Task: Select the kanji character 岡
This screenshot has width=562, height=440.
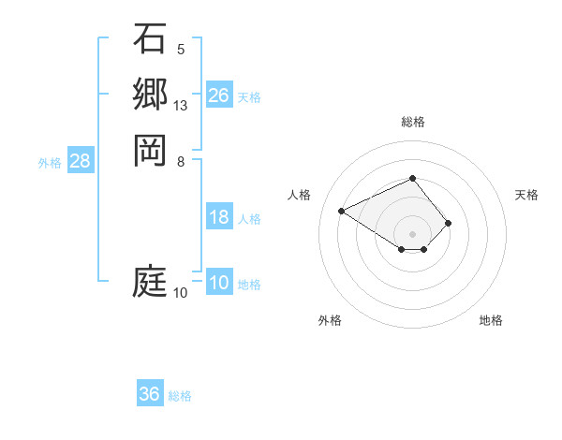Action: pos(150,149)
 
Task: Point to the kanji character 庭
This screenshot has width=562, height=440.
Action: pos(150,281)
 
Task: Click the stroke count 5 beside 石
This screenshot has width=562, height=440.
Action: pos(180,50)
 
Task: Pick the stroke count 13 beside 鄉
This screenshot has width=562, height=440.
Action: pos(181,106)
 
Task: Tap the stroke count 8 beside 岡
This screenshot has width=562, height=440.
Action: pos(180,161)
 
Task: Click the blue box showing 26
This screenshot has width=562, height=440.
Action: pos(219,95)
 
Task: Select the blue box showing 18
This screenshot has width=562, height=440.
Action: pos(219,218)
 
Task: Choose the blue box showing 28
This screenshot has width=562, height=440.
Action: pos(81,161)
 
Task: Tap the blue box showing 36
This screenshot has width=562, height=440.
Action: pos(150,394)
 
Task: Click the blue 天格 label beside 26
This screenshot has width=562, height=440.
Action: pos(249,96)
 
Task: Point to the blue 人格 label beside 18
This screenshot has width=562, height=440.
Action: pos(249,219)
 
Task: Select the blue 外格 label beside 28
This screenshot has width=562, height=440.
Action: pos(50,162)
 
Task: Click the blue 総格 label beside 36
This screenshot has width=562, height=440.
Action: pos(180,395)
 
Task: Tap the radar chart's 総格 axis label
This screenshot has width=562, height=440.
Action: pos(413,122)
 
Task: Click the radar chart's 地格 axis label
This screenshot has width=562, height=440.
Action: pos(491,320)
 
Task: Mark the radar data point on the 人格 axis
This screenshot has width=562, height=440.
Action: pos(343,210)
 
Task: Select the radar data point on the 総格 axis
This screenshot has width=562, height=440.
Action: pos(413,178)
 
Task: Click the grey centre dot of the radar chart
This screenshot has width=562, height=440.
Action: pos(413,233)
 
